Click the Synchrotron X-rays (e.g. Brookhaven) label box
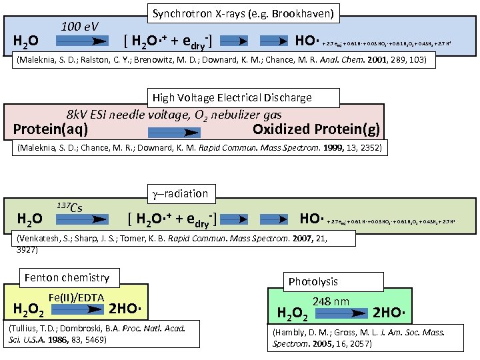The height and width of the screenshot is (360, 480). [243, 13]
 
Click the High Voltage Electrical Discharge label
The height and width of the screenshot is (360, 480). [232, 97]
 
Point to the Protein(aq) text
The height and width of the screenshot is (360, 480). [51, 129]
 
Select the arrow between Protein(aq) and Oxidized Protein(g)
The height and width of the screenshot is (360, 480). [171, 129]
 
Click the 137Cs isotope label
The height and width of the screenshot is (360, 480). [69, 207]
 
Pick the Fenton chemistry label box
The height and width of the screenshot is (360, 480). [67, 277]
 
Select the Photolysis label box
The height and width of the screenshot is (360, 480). [313, 281]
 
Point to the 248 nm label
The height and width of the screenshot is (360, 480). [331, 301]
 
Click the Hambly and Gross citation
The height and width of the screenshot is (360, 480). [358, 337]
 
